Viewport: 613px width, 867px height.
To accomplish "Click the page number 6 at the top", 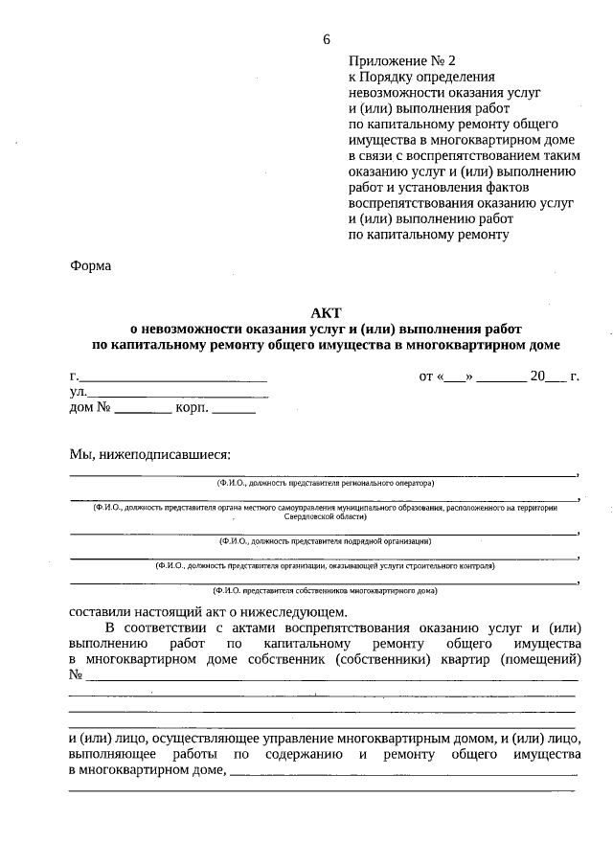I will click(327, 39).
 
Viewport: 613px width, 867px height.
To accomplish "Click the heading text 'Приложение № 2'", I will click(396, 60).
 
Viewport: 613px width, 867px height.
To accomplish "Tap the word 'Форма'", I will click(91, 265).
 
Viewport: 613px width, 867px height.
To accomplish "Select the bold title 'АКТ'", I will click(326, 312).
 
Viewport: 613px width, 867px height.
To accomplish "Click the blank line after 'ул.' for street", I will click(178, 395).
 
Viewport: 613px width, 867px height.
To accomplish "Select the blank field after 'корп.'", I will click(234, 410).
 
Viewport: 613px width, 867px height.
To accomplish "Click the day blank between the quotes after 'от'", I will click(456, 377).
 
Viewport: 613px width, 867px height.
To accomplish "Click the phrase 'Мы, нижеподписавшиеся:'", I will click(150, 453).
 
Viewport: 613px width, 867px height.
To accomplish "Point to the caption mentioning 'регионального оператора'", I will click(326, 484).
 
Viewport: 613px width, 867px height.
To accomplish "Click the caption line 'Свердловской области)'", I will click(326, 516).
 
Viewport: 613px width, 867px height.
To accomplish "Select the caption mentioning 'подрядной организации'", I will click(326, 540).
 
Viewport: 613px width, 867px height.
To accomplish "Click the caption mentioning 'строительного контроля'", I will click(326, 566).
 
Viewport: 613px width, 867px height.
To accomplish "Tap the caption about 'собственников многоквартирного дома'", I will click(326, 591).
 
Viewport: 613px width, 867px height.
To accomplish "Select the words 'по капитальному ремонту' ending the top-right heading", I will click(428, 233).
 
